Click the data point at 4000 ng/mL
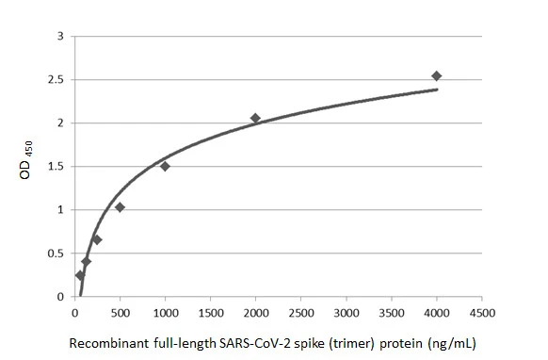point(436,76)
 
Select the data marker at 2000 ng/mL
point(255,118)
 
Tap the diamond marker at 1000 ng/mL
point(165,166)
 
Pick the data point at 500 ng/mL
point(120,207)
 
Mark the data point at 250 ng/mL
point(97,239)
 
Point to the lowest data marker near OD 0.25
point(80,275)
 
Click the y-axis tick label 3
point(60,37)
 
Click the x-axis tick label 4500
point(481,312)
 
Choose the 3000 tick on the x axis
point(346,312)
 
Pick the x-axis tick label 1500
point(210,312)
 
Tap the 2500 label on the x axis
point(300,312)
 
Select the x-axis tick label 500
point(120,312)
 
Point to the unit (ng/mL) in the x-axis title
point(452,344)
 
